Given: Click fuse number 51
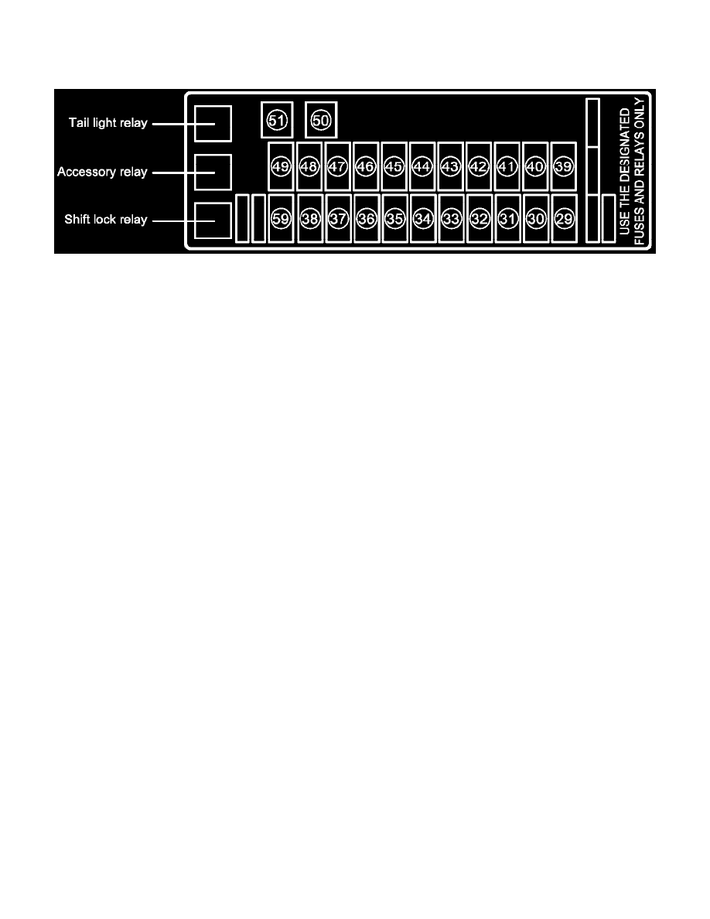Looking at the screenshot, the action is tap(277, 120).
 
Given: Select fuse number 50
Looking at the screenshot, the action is tap(321, 120).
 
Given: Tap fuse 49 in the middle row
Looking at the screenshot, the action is tap(281, 166).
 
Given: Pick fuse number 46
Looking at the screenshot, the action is tap(366, 166).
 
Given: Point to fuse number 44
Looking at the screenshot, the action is tap(422, 166).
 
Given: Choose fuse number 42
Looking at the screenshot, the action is tap(479, 166).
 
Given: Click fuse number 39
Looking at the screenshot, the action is tap(564, 166).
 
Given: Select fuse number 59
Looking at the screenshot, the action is tap(281, 219).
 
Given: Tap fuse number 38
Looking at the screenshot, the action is tap(310, 219).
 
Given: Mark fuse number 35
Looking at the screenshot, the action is tap(395, 219).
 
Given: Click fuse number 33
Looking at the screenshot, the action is tap(451, 219).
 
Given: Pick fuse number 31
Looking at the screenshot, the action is tap(507, 219).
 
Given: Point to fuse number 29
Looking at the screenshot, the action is tap(564, 219).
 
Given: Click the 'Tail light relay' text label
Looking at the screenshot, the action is tap(108, 123).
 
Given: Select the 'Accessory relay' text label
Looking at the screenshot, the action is tap(102, 172).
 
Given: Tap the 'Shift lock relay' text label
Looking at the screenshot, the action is tap(105, 219).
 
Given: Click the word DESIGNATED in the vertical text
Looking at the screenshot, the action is tap(624, 146).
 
